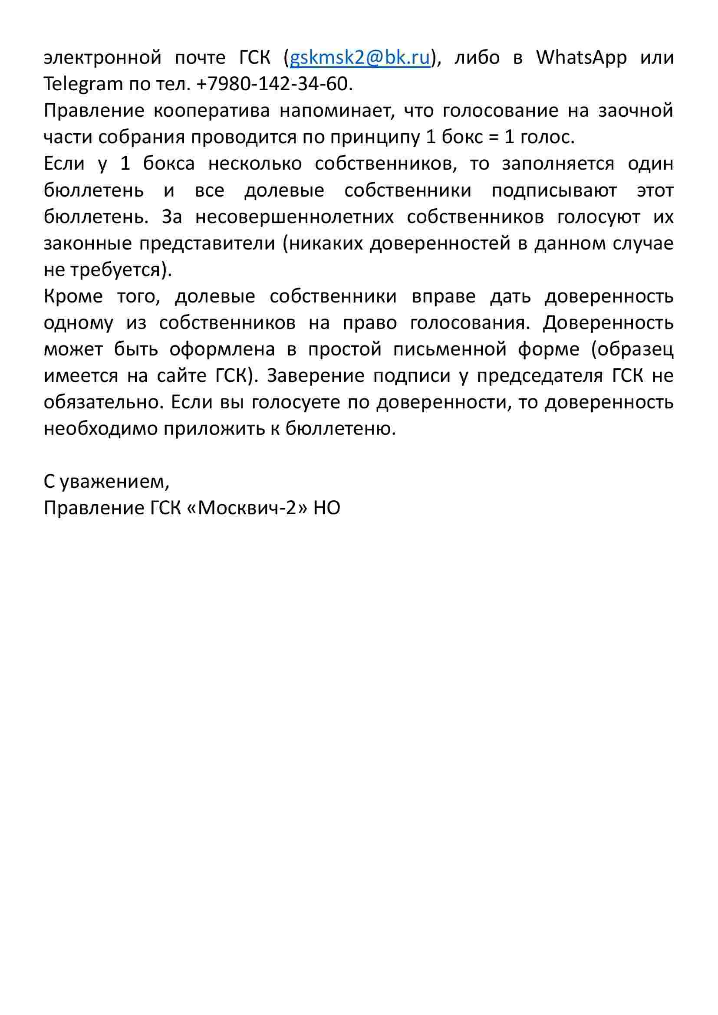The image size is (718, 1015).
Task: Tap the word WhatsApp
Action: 581,58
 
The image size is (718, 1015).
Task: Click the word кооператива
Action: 211,111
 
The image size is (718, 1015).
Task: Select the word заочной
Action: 636,111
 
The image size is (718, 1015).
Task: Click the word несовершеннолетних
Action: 294,217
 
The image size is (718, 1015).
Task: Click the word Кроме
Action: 73,296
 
